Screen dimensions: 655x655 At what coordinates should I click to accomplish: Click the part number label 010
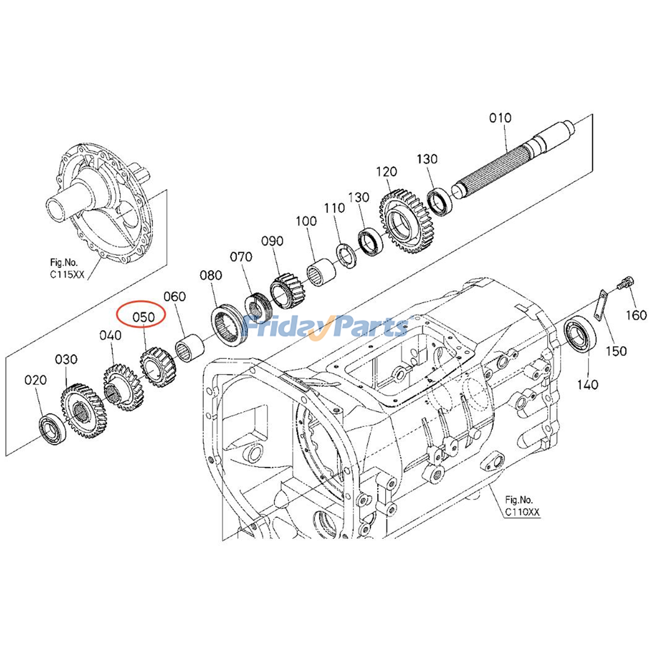500,118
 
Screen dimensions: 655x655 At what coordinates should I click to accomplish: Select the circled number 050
143,317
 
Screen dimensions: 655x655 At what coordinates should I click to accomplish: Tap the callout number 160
636,315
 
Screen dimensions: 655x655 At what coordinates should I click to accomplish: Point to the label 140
587,384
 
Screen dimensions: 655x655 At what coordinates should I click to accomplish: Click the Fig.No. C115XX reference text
67,269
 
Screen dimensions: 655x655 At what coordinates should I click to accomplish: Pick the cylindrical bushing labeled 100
321,272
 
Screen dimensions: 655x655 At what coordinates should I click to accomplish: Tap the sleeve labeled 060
189,348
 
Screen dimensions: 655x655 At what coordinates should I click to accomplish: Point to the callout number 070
241,257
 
